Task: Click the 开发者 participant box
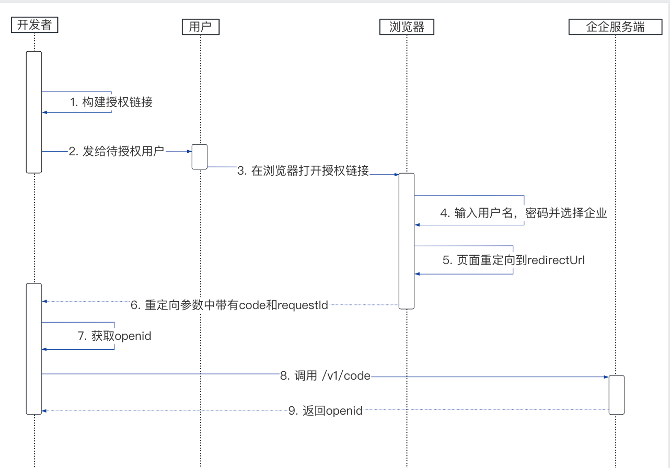pos(34,25)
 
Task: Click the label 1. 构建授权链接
pos(112,102)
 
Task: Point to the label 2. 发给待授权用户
pos(116,152)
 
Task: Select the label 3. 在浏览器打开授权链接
pos(303,170)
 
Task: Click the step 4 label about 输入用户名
pos(523,213)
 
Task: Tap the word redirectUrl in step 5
pos(556,260)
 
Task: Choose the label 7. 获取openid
pos(114,336)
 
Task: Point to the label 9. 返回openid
pos(325,411)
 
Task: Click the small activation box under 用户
pos(200,156)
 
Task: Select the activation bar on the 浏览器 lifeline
pos(407,241)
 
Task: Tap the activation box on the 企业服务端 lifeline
pos(616,395)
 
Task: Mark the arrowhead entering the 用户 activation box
pos(190,152)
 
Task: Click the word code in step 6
pos(251,305)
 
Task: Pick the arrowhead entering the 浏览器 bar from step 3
pos(397,175)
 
